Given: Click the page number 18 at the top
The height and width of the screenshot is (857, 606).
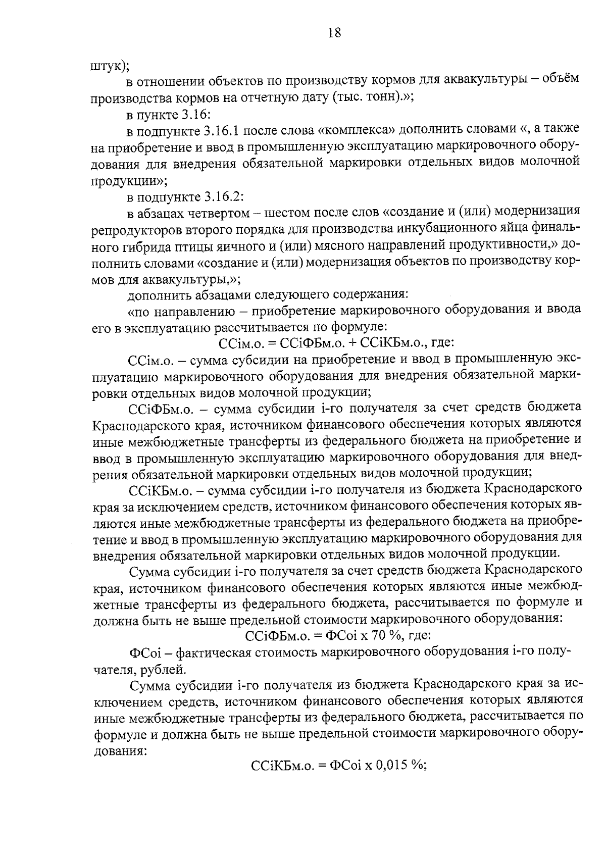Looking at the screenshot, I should (x=334, y=33).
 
